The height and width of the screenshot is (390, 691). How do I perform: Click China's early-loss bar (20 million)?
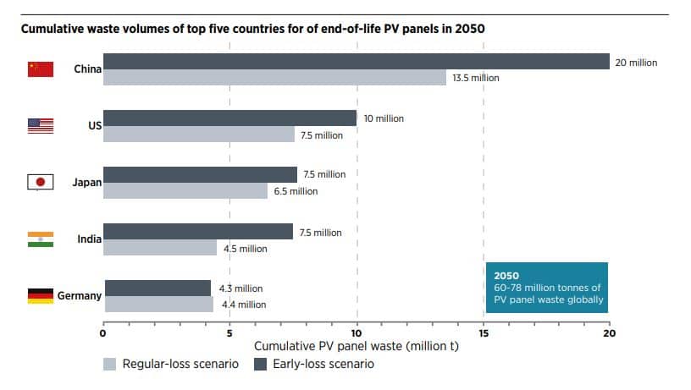point(356,62)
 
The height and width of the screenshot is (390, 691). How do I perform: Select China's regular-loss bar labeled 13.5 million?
point(274,78)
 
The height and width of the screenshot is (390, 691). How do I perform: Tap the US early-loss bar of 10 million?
point(229,118)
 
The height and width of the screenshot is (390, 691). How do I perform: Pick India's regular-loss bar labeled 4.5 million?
point(160,248)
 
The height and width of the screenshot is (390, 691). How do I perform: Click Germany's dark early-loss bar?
point(158,288)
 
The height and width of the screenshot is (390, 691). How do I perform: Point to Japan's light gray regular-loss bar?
point(185,190)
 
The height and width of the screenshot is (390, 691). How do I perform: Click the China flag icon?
point(41,69)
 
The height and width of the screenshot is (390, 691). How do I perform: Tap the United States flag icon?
point(41,125)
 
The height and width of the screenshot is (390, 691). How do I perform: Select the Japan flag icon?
point(41,182)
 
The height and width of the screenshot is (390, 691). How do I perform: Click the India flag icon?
point(41,239)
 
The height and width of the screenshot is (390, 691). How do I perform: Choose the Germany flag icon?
point(41,296)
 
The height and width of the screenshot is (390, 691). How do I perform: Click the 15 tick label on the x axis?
point(483,332)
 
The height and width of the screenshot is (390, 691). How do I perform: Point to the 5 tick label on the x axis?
point(229,332)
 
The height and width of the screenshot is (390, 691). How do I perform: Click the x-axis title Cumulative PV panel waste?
point(356,347)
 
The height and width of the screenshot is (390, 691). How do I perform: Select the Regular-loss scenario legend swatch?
point(109,365)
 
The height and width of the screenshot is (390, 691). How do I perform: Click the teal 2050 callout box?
point(546,288)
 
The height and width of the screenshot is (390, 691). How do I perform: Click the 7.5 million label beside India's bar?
point(321,233)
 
